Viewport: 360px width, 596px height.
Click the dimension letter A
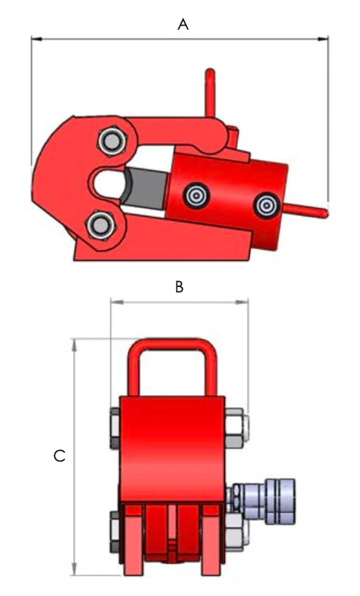tap(183, 24)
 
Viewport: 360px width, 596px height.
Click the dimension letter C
tap(60, 456)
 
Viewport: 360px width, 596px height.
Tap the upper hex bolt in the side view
tap(111, 141)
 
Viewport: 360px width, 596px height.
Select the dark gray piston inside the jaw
tap(145, 188)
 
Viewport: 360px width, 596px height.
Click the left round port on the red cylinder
tap(195, 195)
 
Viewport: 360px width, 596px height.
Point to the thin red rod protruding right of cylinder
tap(307, 211)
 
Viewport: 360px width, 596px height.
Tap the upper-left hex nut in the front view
tap(115, 429)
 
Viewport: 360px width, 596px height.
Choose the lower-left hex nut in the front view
tap(115, 532)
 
